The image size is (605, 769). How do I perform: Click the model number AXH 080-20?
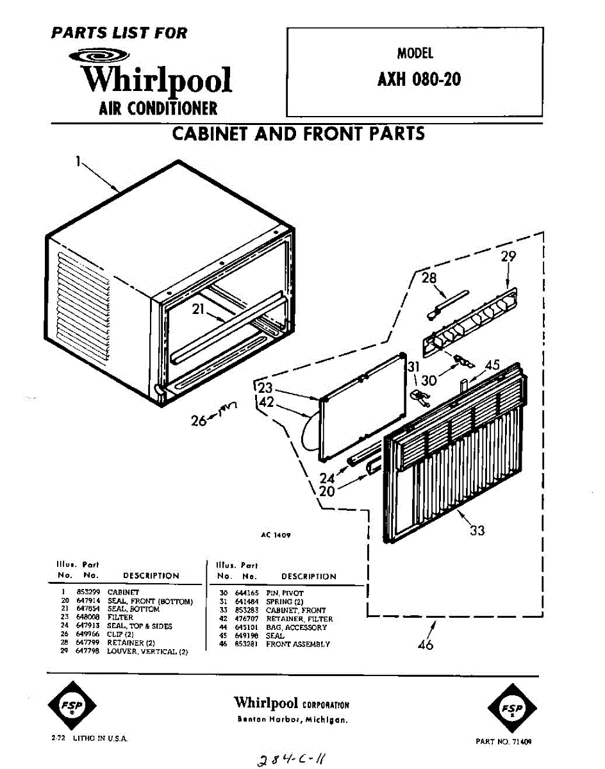(420, 80)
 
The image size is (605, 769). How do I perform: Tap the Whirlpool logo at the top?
(157, 79)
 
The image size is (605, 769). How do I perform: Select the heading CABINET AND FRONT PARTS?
(298, 134)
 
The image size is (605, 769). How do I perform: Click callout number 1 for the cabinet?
(78, 162)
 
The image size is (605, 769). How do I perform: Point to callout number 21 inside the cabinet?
(199, 310)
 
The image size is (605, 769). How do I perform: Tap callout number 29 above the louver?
(509, 257)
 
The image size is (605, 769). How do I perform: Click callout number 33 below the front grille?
(477, 530)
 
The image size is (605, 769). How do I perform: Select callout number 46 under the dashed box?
(425, 644)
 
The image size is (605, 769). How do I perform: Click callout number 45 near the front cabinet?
(492, 365)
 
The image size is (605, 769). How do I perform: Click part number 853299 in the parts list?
(86, 592)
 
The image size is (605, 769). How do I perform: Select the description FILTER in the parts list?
(120, 617)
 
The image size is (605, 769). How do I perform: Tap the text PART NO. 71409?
(504, 741)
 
